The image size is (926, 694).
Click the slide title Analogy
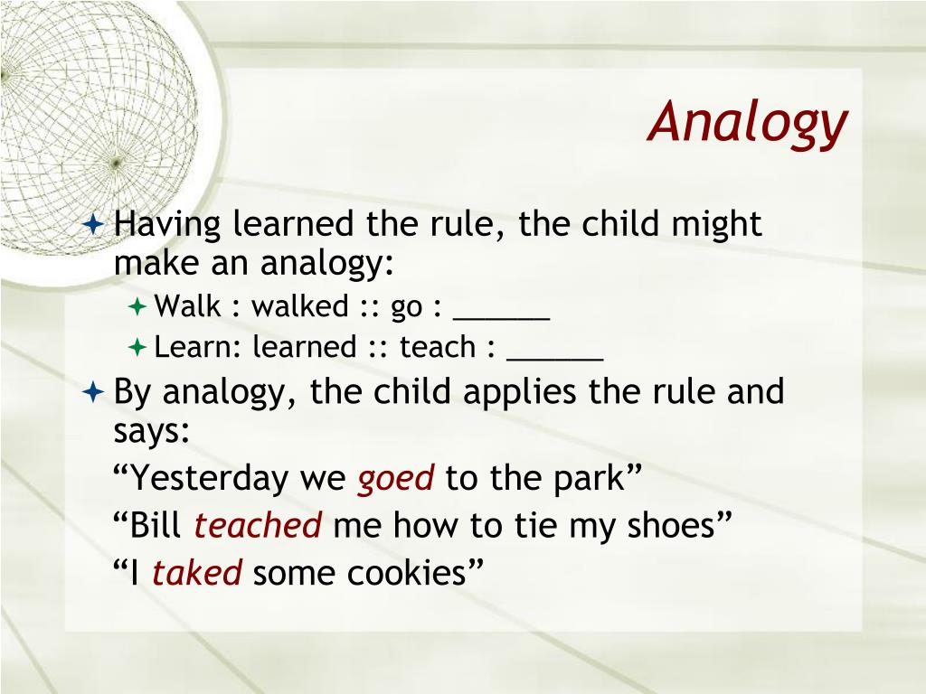click(x=748, y=123)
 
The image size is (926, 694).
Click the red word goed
click(x=396, y=479)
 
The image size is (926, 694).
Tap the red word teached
click(x=258, y=525)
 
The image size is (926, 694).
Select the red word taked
click(x=197, y=572)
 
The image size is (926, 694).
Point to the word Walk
click(x=188, y=305)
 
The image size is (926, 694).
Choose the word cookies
click(x=407, y=572)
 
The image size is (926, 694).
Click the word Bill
click(x=156, y=525)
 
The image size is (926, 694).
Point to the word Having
click(x=167, y=225)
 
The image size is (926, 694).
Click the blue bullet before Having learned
click(x=94, y=223)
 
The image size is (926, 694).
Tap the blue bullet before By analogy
click(x=94, y=391)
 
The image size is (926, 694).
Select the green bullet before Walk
click(x=137, y=307)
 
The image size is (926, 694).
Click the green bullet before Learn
click(x=137, y=347)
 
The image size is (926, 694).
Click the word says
click(x=152, y=432)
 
